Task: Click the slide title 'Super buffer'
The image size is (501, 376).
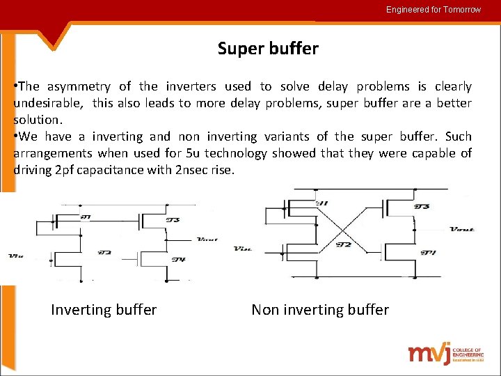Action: click(268, 49)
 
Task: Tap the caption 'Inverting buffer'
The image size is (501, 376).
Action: click(104, 310)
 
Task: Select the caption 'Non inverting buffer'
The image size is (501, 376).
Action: click(319, 310)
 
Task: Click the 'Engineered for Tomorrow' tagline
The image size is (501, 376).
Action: click(434, 10)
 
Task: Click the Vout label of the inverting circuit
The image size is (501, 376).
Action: click(207, 239)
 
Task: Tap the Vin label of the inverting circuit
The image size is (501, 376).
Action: click(15, 256)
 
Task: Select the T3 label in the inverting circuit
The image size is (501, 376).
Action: click(173, 220)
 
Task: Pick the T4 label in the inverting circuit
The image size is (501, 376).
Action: click(178, 260)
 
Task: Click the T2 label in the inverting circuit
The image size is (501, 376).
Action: click(105, 252)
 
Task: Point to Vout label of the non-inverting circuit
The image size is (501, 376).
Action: click(462, 228)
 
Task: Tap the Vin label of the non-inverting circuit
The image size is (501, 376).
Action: click(243, 248)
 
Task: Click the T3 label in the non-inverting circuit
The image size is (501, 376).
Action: click(422, 206)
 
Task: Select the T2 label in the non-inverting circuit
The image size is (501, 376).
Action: click(343, 244)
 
